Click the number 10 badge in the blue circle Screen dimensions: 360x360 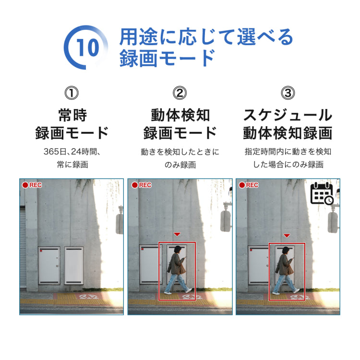tap(87, 48)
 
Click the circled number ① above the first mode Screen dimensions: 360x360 tap(72, 93)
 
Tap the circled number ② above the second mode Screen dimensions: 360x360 tap(180, 93)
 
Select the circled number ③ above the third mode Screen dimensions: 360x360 tap(288, 93)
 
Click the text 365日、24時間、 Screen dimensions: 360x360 tap(72, 152)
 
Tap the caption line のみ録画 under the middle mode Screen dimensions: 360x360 tap(180, 165)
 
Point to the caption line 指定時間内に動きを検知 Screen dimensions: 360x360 tap(288, 152)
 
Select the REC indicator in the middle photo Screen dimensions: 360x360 tap(141, 185)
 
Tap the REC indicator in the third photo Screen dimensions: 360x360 tap(249, 185)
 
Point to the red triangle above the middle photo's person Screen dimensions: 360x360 tap(177, 234)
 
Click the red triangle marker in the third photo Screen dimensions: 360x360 tap(287, 235)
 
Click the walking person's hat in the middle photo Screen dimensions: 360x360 tap(178, 249)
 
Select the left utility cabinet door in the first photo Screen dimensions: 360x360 tap(49, 265)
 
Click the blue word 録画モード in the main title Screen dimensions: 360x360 tap(167, 58)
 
